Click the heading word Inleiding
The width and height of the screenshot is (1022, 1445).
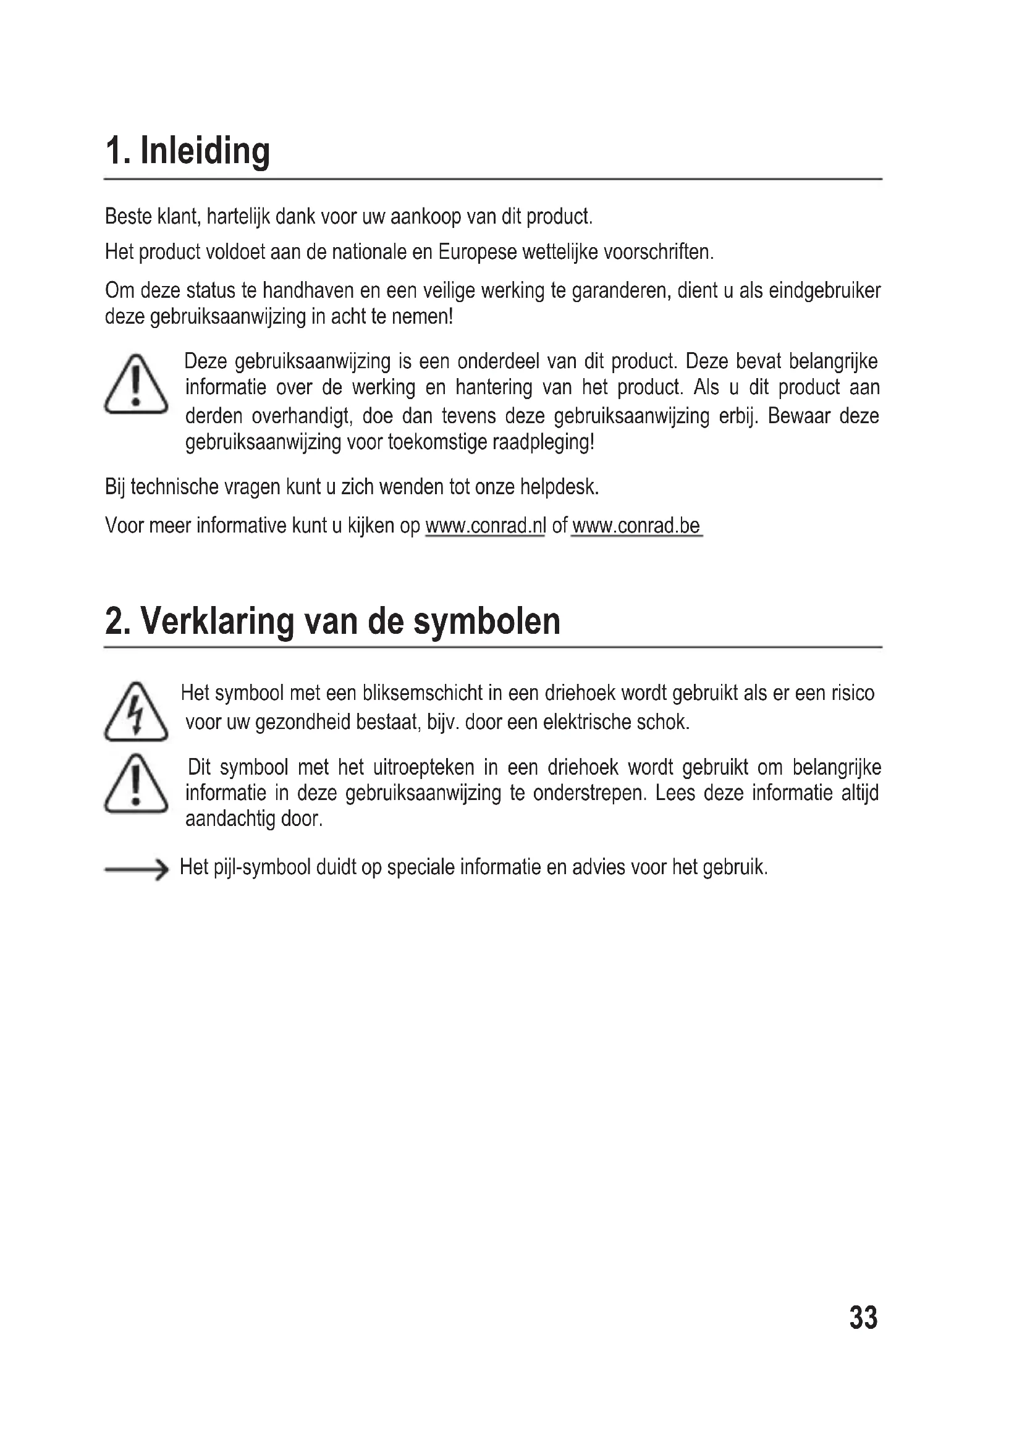pos(205,152)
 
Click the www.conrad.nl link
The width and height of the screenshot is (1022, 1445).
pos(485,526)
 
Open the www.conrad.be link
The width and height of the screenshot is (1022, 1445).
pos(636,526)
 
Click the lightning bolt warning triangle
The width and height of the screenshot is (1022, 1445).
pos(136,713)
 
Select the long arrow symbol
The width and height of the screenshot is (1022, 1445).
pos(136,869)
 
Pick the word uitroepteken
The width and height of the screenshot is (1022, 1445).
pos(423,767)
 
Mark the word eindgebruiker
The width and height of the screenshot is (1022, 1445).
pos(824,291)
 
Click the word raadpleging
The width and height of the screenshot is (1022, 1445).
pos(543,442)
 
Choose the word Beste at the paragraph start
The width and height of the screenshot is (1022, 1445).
pos(129,216)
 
